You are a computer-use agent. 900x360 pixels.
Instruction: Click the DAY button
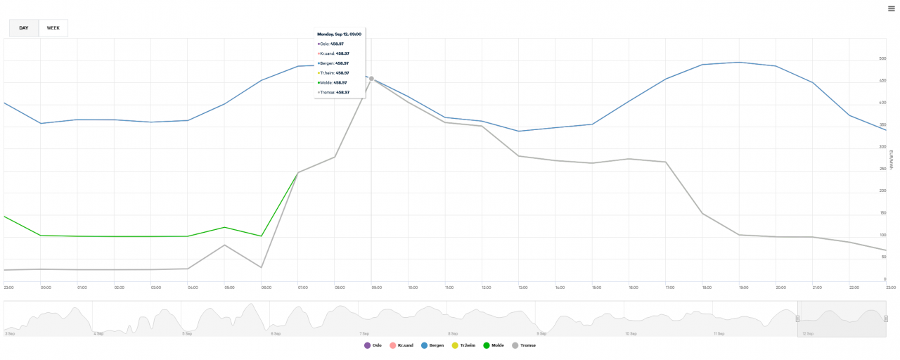(24, 28)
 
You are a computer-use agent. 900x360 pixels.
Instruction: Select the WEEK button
(53, 28)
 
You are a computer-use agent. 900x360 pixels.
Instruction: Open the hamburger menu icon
(891, 8)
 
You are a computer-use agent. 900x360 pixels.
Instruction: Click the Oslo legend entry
(373, 345)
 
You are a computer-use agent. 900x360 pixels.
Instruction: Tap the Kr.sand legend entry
(401, 345)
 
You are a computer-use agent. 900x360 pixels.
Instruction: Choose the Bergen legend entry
(432, 345)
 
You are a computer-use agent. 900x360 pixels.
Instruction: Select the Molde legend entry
(493, 345)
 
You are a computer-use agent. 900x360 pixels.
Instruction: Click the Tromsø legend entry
(524, 345)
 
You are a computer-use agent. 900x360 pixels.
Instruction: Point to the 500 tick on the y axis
(882, 59)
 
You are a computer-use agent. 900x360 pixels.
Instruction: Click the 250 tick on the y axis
(882, 169)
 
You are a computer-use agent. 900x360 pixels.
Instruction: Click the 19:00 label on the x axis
(742, 288)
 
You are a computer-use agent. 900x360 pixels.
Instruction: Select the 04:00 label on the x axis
(191, 288)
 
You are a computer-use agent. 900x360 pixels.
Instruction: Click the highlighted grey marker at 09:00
(371, 79)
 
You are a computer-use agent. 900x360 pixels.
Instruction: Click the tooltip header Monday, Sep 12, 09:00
(339, 34)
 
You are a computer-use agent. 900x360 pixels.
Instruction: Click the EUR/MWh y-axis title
(891, 160)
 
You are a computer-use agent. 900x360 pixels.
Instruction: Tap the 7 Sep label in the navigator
(364, 333)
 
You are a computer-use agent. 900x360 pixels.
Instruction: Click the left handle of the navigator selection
(797, 319)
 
